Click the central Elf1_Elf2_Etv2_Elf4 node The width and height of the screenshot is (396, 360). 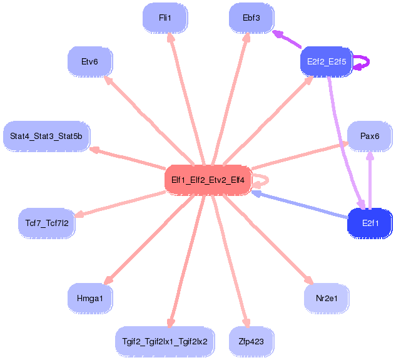(x=208, y=180)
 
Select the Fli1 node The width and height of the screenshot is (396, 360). (x=165, y=18)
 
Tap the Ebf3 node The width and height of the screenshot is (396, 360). (x=251, y=18)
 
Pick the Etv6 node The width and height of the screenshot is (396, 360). (x=90, y=62)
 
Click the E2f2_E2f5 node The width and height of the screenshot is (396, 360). (x=327, y=62)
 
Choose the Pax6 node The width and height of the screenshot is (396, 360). (x=370, y=136)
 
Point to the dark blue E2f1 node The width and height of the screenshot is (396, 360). (x=370, y=224)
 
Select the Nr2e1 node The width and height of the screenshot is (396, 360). (x=327, y=298)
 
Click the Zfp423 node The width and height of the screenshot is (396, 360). (x=251, y=342)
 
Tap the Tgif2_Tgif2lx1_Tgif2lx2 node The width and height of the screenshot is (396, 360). (x=165, y=342)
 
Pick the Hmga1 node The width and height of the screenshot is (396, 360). (x=90, y=298)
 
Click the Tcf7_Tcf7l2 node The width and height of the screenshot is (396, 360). (x=47, y=224)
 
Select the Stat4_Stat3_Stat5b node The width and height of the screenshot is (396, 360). (x=46, y=136)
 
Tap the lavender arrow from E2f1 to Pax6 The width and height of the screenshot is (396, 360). (x=370, y=180)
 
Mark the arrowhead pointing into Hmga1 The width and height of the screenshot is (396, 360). (x=108, y=280)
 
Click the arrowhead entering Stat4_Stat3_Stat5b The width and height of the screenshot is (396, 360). (x=94, y=150)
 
